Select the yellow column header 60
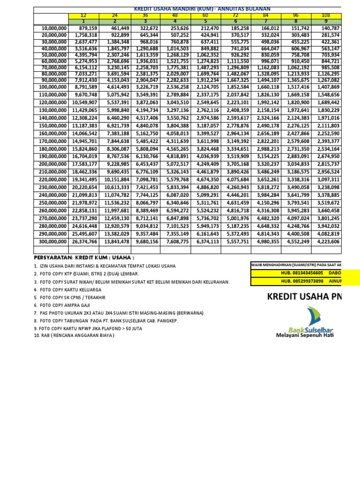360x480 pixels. [205, 15]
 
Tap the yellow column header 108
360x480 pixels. [326, 15]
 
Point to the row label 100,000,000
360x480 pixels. [51, 86]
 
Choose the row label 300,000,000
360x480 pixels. [51, 241]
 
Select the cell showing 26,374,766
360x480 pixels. [84, 241]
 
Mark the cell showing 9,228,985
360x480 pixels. [115, 164]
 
